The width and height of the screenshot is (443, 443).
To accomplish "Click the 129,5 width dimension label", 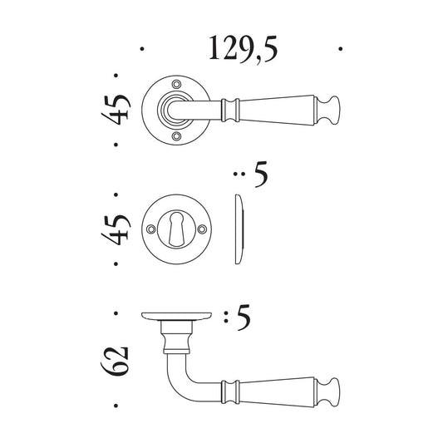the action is [x=244, y=49].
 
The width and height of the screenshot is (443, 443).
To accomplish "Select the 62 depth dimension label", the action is [x=116, y=361].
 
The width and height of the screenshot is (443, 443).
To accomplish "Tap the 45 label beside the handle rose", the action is [x=116, y=110].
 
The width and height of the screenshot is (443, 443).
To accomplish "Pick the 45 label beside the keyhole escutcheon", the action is [x=116, y=229].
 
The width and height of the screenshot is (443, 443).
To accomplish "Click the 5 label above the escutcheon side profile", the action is [x=261, y=174].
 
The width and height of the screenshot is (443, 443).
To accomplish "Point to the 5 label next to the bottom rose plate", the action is [x=244, y=317].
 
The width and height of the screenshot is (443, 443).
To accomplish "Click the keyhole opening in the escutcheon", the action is [x=176, y=229].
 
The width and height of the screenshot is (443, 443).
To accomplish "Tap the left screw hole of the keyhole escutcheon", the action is [x=151, y=229].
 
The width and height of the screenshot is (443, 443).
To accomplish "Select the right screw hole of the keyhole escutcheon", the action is [x=202, y=229].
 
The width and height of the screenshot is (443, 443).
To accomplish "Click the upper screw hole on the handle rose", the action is [x=177, y=84].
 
